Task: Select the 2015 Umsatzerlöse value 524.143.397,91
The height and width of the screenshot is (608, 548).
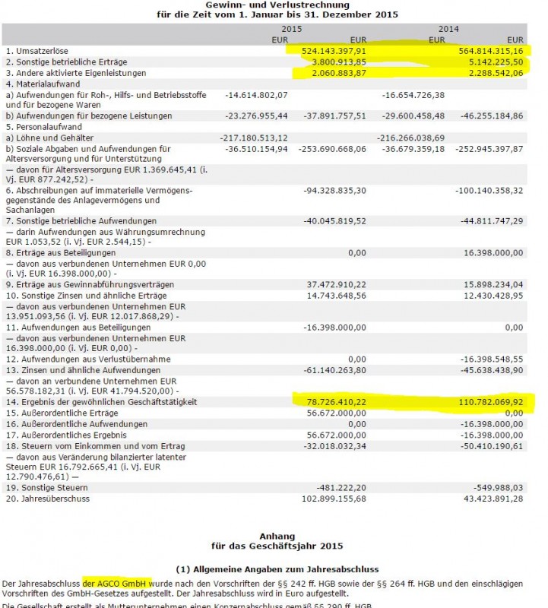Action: (x=329, y=49)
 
